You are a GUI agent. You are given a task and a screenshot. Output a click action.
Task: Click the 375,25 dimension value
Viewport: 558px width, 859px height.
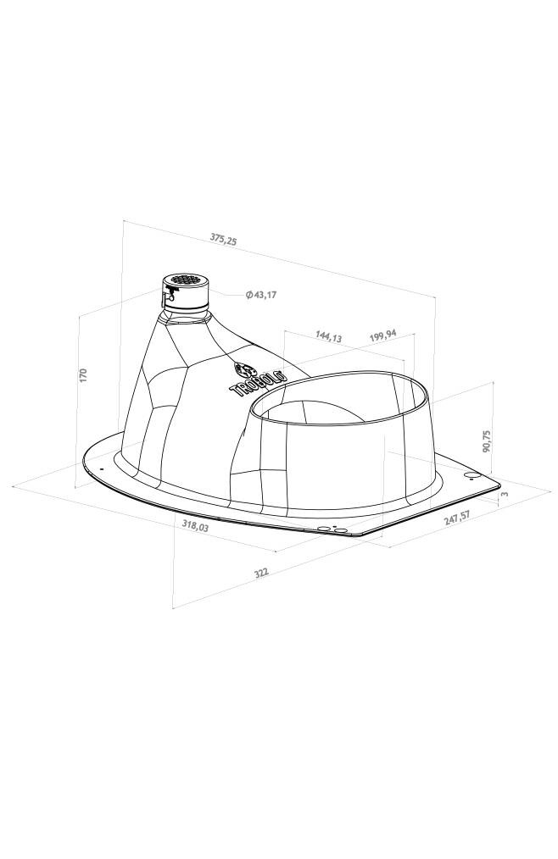pos(223,238)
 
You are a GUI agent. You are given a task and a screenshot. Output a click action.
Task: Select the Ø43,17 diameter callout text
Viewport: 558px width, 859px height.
pos(261,295)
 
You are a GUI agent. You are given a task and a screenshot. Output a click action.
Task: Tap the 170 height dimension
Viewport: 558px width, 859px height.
pos(83,375)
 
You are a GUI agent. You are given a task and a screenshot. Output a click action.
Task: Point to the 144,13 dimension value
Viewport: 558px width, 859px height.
pos(329,336)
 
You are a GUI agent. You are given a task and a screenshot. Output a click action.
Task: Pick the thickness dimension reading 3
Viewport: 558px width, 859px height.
pos(505,494)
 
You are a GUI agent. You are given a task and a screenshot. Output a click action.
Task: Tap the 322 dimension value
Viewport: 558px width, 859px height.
pos(261,573)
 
